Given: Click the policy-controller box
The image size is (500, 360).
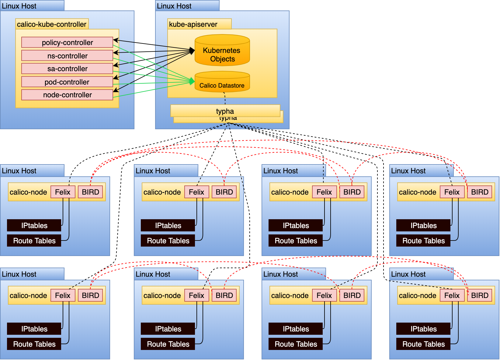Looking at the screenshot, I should [x=67, y=42].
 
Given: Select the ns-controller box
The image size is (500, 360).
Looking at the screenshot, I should [x=67, y=56].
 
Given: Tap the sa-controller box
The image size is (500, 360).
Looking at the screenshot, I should [x=67, y=69].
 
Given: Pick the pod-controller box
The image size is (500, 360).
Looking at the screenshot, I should [x=67, y=82].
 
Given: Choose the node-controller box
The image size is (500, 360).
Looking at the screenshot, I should [x=67, y=95].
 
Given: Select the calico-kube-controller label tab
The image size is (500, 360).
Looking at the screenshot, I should [x=52, y=24].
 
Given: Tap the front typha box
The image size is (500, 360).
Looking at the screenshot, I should [x=225, y=111].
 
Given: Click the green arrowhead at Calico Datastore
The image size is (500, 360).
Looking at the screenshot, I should [x=192, y=81].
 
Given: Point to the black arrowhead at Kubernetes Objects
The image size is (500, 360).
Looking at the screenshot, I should [x=192, y=51].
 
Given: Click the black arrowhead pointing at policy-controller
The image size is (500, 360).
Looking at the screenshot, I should [x=116, y=40].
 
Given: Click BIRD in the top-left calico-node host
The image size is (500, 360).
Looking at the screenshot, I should [x=90, y=192].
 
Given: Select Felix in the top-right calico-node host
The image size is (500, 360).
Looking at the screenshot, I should [x=452, y=192].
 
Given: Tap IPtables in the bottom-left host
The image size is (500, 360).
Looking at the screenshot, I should [x=34, y=329].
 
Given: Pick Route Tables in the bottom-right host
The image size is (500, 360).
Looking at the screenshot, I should [x=423, y=344].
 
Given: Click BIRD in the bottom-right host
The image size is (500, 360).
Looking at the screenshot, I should [x=480, y=295].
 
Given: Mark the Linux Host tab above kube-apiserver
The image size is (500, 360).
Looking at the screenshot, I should [x=187, y=6].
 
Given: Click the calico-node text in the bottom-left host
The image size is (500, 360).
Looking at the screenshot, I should [x=28, y=295].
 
